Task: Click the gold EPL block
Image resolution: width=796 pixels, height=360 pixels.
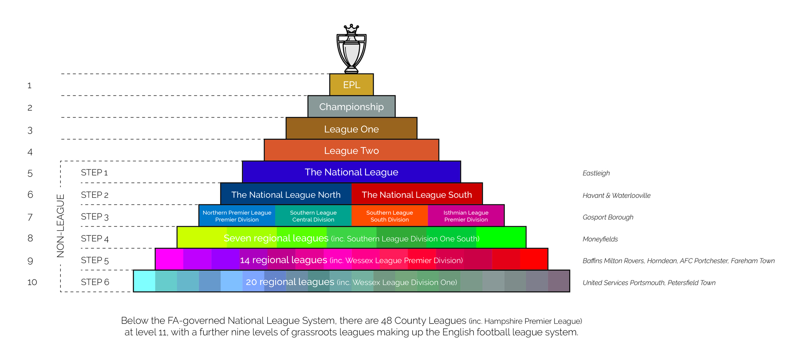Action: pyautogui.click(x=352, y=85)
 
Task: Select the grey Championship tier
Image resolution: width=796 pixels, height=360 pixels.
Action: pyautogui.click(x=352, y=106)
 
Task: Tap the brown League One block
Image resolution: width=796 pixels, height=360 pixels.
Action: pyautogui.click(x=352, y=129)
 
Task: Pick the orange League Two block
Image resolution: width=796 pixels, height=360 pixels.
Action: pyautogui.click(x=352, y=150)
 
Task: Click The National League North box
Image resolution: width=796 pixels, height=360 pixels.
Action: pyautogui.click(x=286, y=194)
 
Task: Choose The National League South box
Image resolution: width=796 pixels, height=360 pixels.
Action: pyautogui.click(x=417, y=194)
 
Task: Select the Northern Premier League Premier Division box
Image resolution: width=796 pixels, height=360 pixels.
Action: pyautogui.click(x=237, y=216)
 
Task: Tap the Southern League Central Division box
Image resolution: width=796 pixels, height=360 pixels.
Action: pyautogui.click(x=313, y=216)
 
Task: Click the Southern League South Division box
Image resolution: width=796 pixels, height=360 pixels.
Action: pyautogui.click(x=390, y=216)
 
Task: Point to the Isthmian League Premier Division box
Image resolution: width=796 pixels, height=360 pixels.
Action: pyautogui.click(x=466, y=216)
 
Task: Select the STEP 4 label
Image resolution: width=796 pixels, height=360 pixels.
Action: pyautogui.click(x=95, y=238)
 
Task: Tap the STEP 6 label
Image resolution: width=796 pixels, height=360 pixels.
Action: pyautogui.click(x=95, y=282)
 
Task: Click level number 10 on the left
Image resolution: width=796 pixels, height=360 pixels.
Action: pyautogui.click(x=32, y=282)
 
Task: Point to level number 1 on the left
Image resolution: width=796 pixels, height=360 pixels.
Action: pyautogui.click(x=29, y=85)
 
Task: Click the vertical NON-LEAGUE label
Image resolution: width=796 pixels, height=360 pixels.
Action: pyautogui.click(x=60, y=226)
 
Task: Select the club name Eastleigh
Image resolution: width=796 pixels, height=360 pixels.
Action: pyautogui.click(x=596, y=173)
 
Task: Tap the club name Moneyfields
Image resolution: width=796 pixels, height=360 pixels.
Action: pyautogui.click(x=600, y=239)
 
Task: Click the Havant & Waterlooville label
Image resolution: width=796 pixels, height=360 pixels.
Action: pyautogui.click(x=616, y=195)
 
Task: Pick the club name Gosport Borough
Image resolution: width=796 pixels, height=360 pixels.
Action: pyautogui.click(x=608, y=217)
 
